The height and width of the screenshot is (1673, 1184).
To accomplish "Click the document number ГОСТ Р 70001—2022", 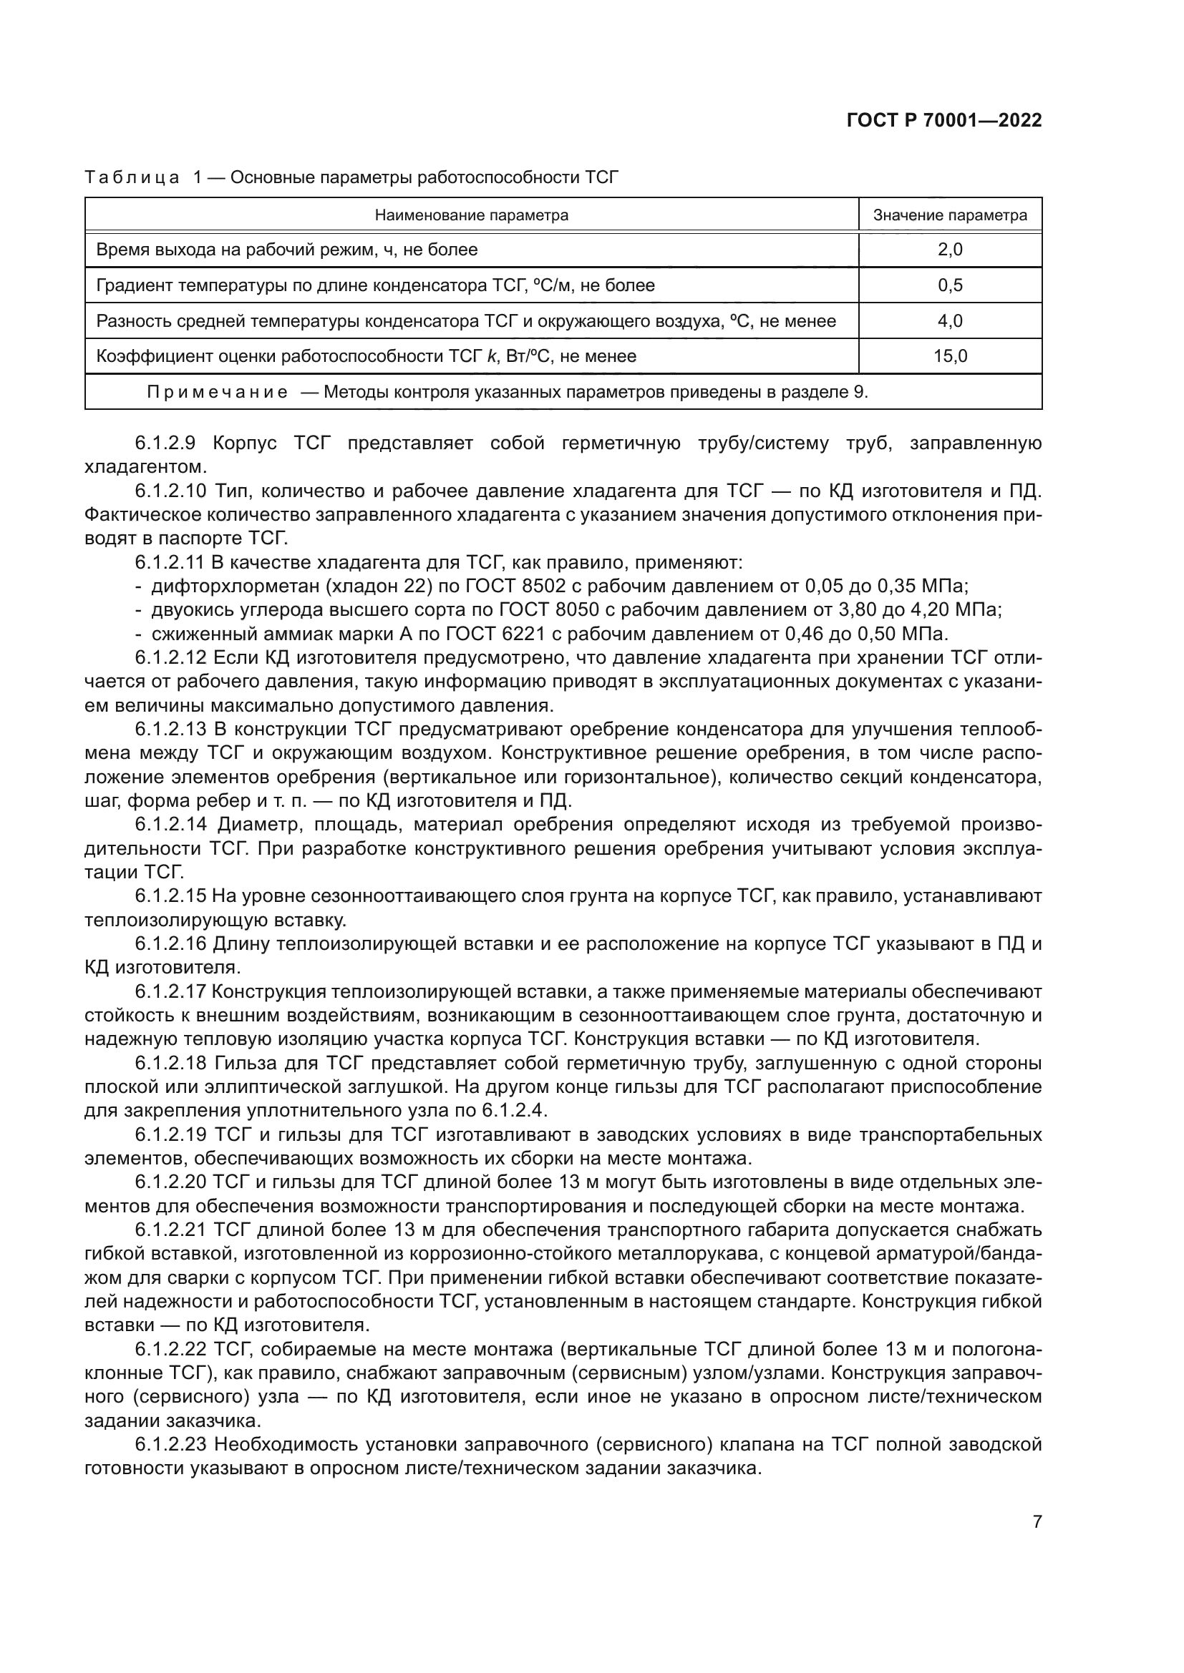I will point(944,121).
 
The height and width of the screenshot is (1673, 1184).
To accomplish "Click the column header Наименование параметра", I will point(471,215).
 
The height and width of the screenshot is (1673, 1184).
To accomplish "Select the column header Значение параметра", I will point(950,215).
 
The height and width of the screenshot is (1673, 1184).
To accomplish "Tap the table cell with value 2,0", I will point(950,250).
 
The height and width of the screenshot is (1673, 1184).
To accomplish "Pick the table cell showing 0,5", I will point(950,285).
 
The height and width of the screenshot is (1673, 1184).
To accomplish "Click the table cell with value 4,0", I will point(950,321).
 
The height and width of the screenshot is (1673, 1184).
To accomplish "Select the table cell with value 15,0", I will point(950,356).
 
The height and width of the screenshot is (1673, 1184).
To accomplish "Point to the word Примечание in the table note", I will point(218,392).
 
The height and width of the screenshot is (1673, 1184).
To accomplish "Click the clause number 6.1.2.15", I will point(173,896).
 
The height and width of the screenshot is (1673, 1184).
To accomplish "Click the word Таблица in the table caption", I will point(132,177).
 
